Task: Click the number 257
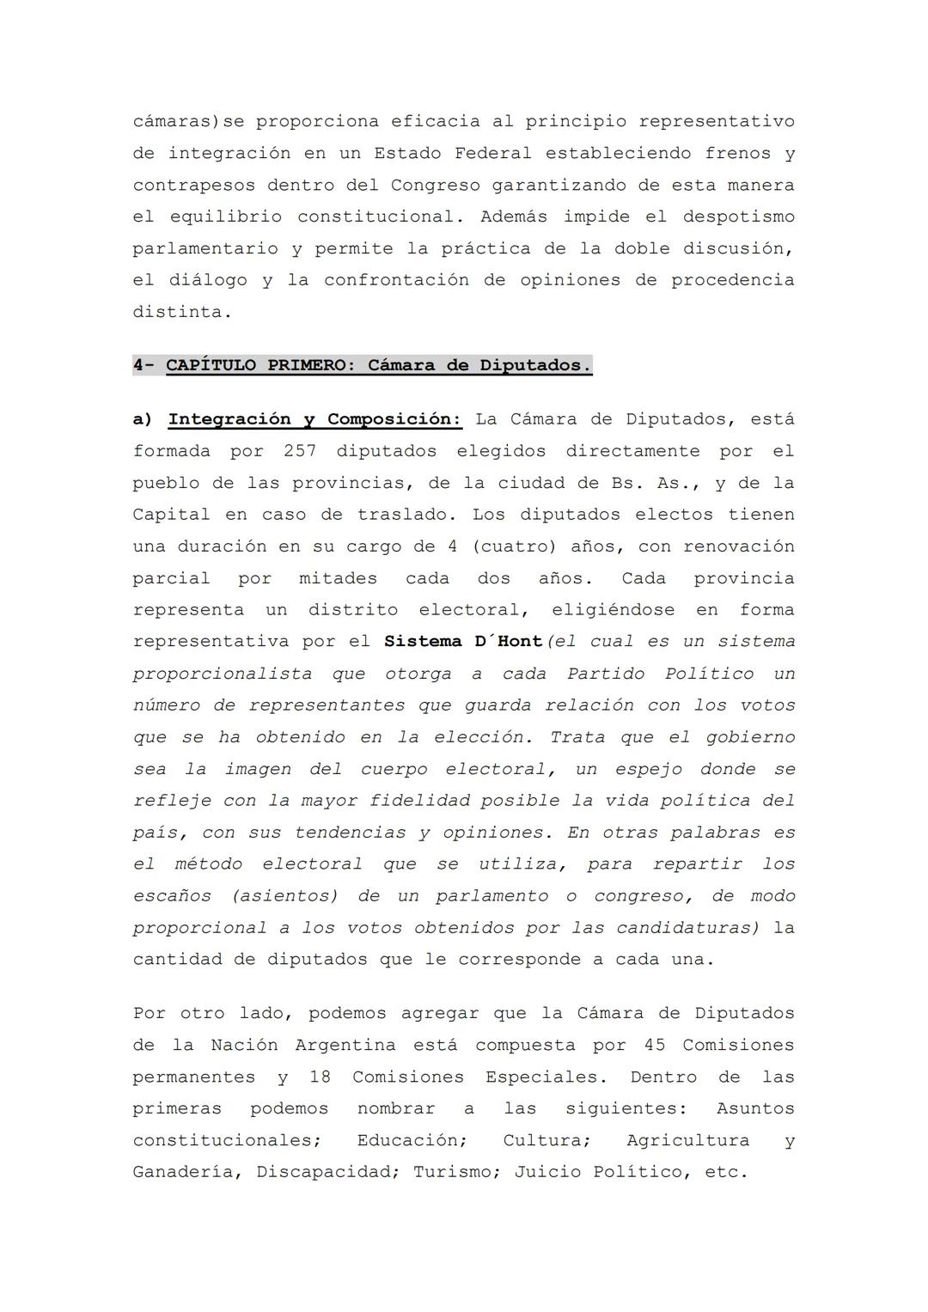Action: (300, 451)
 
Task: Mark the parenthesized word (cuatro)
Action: (512, 546)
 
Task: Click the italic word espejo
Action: (649, 769)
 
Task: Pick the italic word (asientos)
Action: (284, 896)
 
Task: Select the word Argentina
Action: (345, 1046)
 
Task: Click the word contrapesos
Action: (193, 185)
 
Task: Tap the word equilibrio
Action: (225, 217)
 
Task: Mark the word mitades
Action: (338, 578)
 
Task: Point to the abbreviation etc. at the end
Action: (726, 1172)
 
